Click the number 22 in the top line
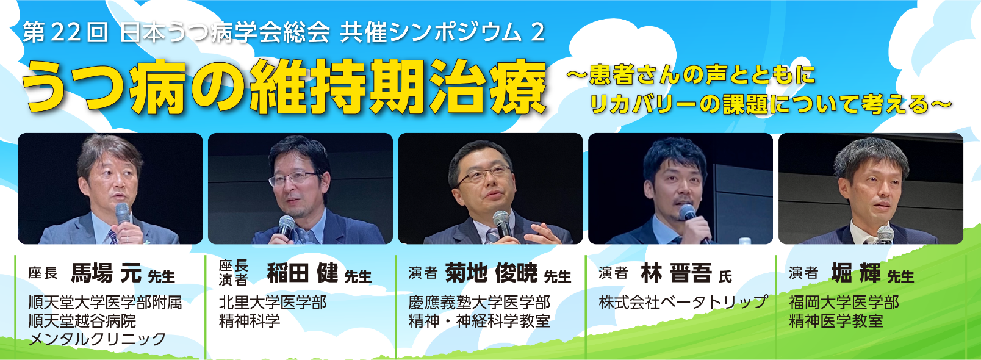pos(66,33)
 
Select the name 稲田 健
pos(302,273)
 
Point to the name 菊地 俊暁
pos(491,273)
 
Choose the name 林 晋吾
pos(676,273)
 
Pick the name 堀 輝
pos(856,273)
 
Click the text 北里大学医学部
pos(273,303)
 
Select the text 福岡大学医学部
pos(844,303)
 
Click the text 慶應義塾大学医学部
pos(479,303)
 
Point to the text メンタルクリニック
pos(97,339)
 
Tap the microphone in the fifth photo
pos(885,235)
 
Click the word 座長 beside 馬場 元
pos(43,273)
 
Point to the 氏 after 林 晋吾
pos(725,277)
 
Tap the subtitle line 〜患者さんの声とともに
pos(691,75)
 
